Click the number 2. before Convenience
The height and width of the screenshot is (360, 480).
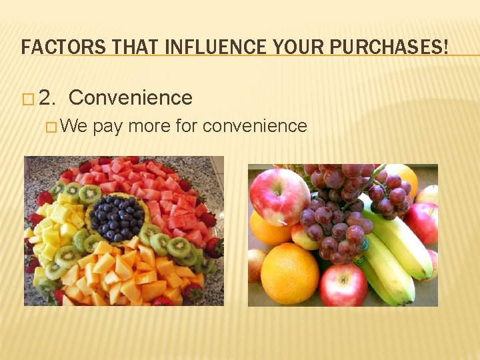(x=48, y=99)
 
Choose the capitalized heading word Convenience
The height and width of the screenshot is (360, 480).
(x=130, y=98)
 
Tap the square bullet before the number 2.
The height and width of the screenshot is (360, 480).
(x=27, y=99)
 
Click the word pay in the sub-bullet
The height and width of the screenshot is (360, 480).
(x=108, y=127)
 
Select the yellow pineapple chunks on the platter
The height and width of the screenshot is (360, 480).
(x=53, y=230)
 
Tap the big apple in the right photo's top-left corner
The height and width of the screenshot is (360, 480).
(x=279, y=196)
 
